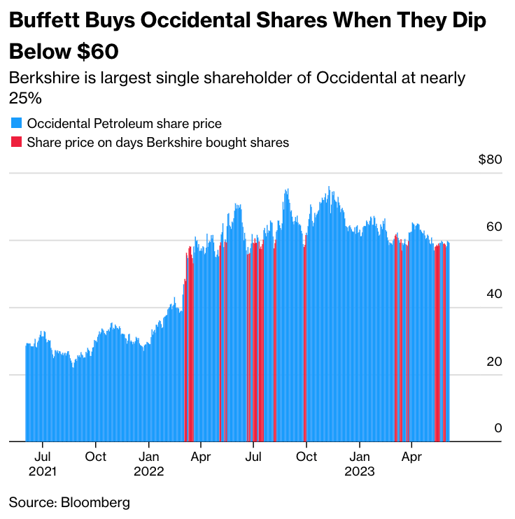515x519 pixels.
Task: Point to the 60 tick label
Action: tap(495, 227)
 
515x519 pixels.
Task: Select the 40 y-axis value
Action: tap(495, 294)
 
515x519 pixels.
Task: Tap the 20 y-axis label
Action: tap(495, 362)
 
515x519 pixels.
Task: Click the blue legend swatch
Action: tap(16, 124)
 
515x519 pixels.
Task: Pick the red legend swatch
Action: tap(16, 143)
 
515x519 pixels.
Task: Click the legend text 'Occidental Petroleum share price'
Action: tap(124, 124)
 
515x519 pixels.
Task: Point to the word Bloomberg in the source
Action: tap(95, 502)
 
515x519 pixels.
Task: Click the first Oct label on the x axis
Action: tap(96, 457)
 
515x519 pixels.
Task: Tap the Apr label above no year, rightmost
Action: tap(411, 457)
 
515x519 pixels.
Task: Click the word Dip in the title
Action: tap(468, 21)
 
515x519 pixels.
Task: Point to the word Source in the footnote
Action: tap(31, 502)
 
